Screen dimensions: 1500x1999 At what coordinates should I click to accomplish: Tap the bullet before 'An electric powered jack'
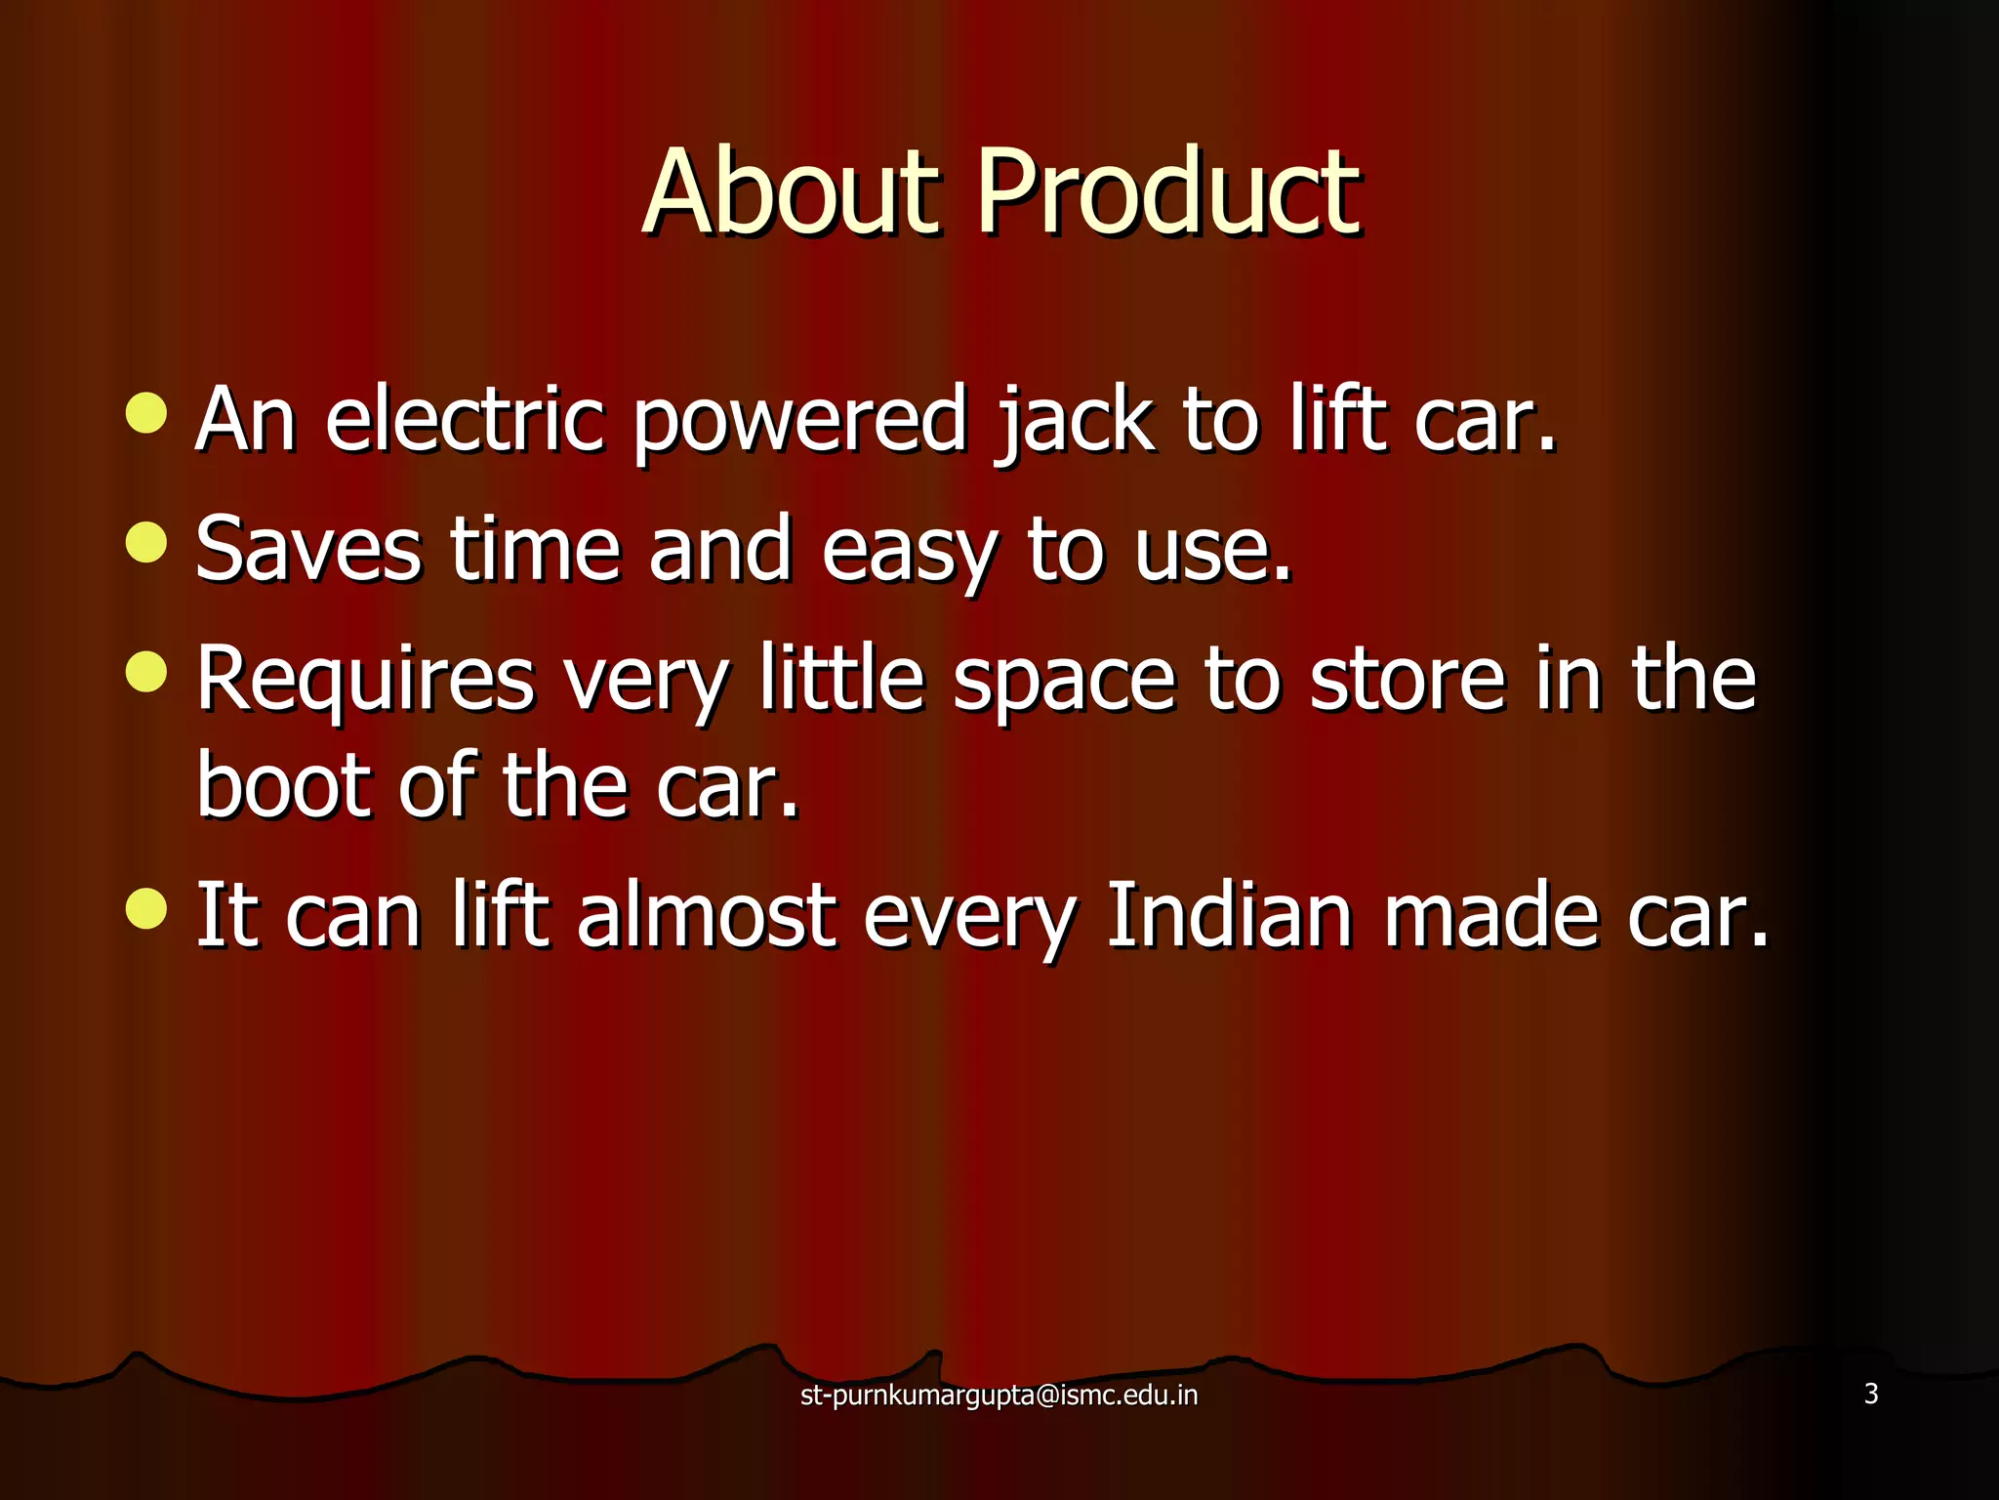click(x=146, y=413)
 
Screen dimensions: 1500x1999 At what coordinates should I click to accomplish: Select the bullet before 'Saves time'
click(x=146, y=543)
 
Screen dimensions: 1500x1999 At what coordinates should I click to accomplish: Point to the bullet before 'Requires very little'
click(x=146, y=672)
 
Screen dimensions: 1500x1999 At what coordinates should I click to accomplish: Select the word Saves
click(x=308, y=549)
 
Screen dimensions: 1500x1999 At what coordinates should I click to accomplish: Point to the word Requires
click(x=366, y=680)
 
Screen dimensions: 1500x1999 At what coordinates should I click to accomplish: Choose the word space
click(x=1063, y=682)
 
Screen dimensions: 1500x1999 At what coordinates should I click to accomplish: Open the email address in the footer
click(x=999, y=1395)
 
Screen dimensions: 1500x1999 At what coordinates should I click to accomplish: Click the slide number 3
click(x=1870, y=1394)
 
